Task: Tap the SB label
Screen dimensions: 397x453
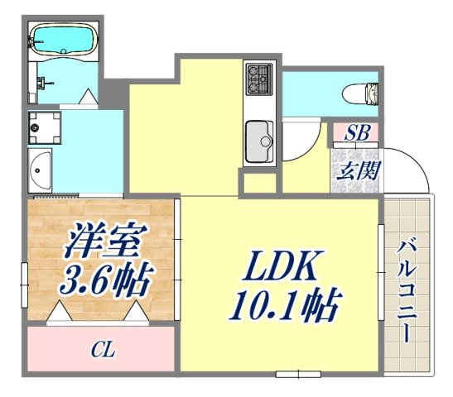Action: tap(357, 132)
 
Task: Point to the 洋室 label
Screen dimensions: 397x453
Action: tap(101, 243)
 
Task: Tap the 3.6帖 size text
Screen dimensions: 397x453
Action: tap(104, 281)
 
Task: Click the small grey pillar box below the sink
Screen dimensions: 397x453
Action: tap(257, 183)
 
